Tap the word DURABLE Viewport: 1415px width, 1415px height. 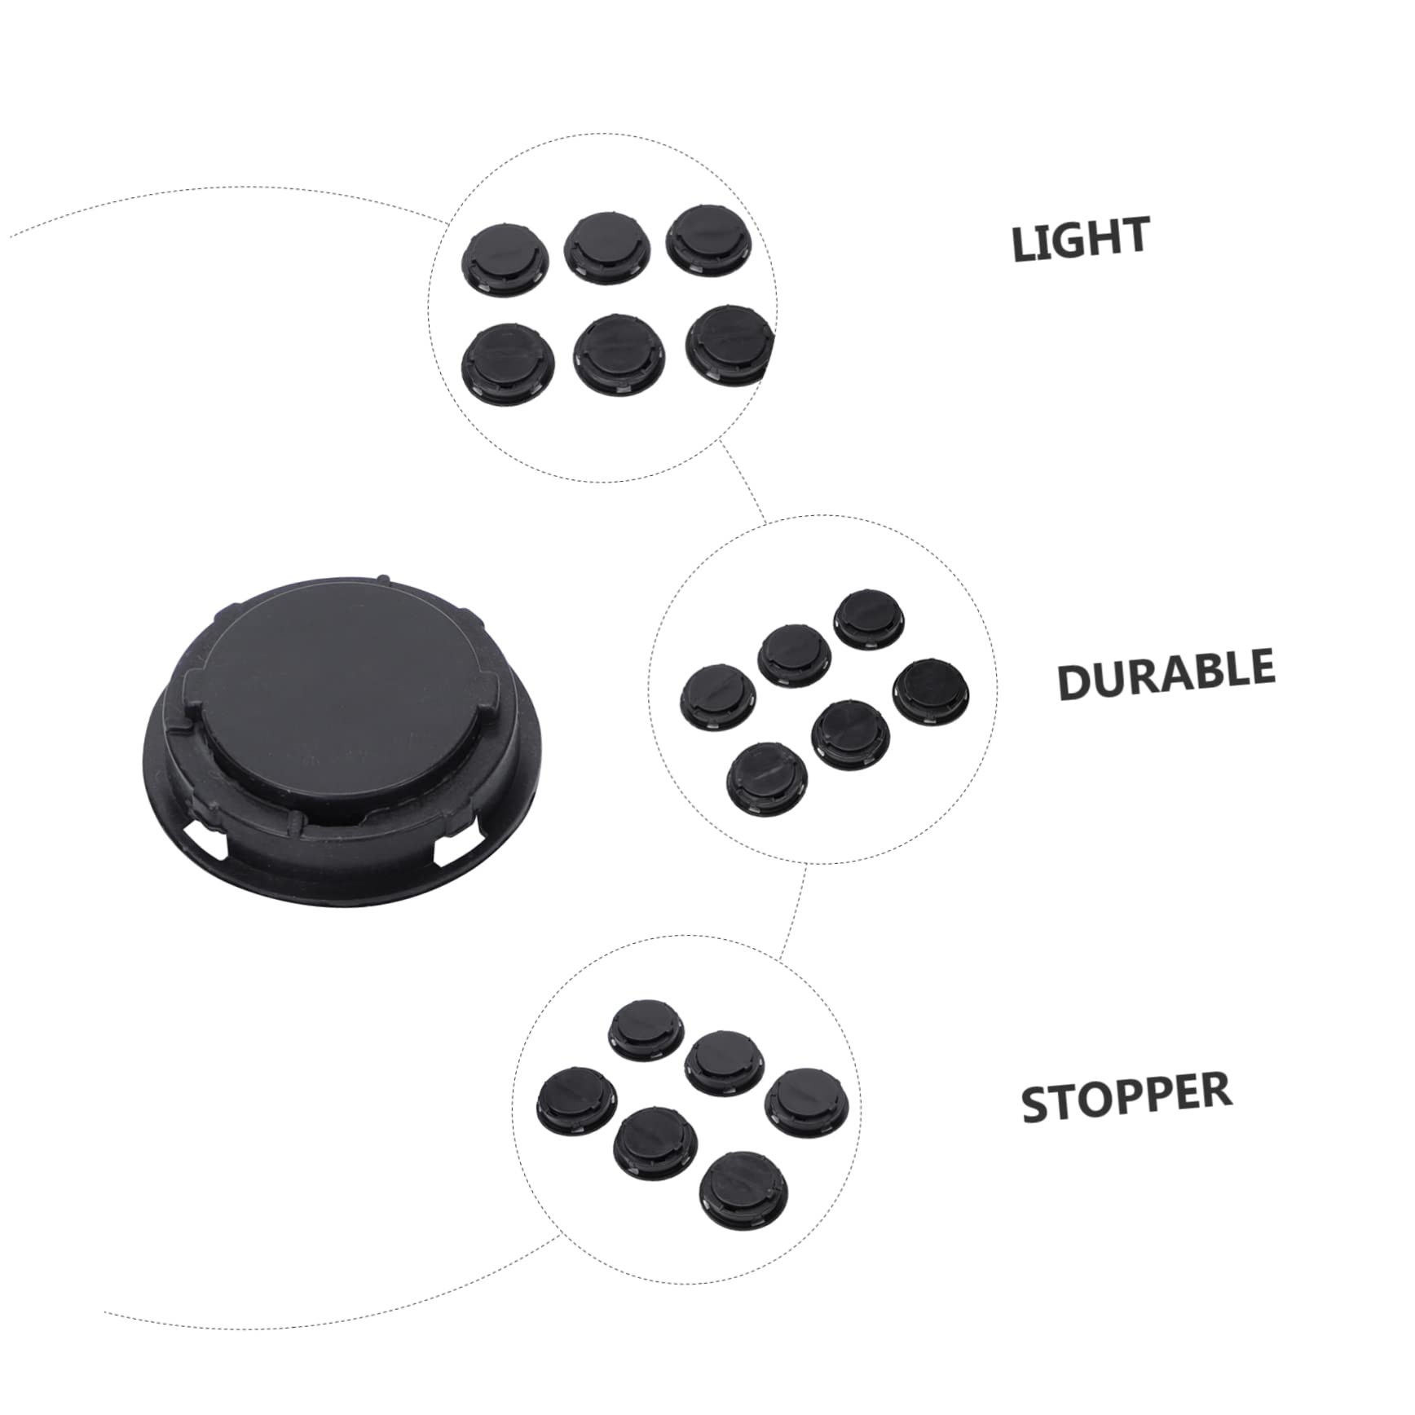click(x=1166, y=673)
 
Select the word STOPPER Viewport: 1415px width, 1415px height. click(x=1126, y=1096)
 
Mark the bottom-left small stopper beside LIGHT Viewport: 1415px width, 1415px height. click(x=507, y=361)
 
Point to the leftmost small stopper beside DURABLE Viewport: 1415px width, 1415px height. click(x=718, y=697)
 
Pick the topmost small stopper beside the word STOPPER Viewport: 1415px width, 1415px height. click(x=646, y=1029)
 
